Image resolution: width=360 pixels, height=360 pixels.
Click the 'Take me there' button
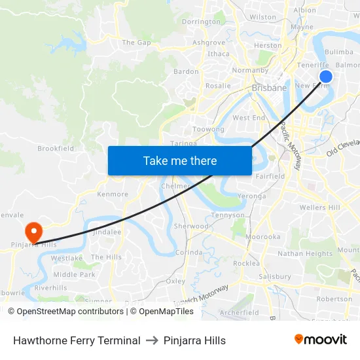coord(180,161)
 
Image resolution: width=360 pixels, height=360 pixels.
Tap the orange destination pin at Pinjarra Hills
coord(33,231)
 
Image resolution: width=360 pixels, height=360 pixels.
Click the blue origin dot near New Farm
coord(325,77)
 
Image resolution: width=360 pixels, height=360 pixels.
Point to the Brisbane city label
coord(269,87)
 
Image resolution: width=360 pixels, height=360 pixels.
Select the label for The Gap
coord(136,43)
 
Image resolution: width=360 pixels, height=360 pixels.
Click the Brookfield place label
coord(56,149)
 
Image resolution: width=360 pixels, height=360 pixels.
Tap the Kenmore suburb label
coord(113,194)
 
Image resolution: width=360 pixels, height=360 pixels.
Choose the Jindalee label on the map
coord(106,232)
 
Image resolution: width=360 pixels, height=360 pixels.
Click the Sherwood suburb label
coord(191,226)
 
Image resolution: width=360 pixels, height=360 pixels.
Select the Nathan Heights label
coord(305,253)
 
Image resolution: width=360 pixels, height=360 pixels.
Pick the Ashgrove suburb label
coord(209,43)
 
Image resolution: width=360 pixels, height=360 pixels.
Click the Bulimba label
coord(338,51)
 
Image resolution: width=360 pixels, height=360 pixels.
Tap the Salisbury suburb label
coord(274,276)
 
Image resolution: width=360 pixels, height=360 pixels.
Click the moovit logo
coord(321,340)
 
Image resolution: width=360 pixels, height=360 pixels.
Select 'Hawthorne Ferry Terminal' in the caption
coord(77,340)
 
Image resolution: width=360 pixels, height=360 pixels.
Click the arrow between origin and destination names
coord(152,340)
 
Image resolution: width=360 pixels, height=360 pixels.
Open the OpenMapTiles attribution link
coord(162,312)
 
